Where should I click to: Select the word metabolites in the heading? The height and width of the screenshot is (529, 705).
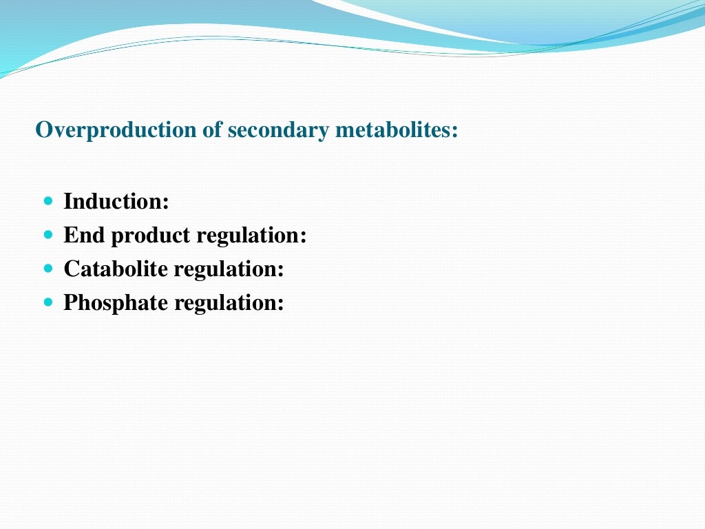click(393, 129)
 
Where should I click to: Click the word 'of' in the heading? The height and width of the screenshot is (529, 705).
click(211, 129)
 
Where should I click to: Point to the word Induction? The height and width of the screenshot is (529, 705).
click(114, 202)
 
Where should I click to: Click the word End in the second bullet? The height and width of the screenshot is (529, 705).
click(85, 236)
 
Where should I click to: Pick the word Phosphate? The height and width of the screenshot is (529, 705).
click(116, 303)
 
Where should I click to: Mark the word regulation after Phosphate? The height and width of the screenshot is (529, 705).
click(227, 303)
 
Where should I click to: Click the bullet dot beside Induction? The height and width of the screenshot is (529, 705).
click(48, 202)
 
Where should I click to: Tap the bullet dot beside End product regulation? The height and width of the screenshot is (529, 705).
click(48, 235)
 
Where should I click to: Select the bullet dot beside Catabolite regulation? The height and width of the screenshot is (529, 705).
click(48, 268)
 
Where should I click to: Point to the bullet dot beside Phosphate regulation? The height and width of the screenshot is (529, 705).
click(48, 302)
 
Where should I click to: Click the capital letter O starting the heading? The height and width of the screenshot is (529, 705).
click(43, 129)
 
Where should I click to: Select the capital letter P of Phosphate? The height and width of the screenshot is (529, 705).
click(70, 302)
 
